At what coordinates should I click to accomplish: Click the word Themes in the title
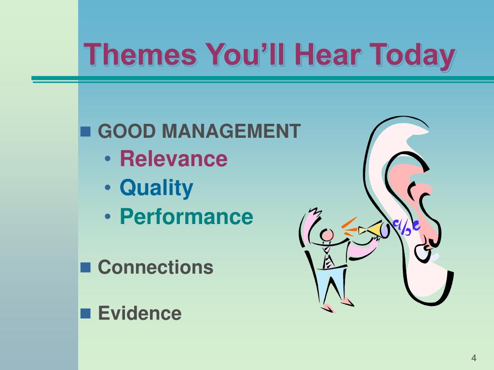[x=140, y=55]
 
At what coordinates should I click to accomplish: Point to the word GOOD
[x=127, y=131]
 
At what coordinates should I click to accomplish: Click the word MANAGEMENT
[x=231, y=131]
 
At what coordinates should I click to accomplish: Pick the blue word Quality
[x=156, y=188]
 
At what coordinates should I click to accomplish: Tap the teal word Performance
[x=187, y=216]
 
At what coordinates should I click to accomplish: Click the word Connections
[x=156, y=267]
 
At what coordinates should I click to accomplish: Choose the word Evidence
[x=140, y=313]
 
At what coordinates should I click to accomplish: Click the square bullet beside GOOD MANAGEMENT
[x=85, y=132]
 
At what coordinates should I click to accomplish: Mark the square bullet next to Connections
[x=85, y=267]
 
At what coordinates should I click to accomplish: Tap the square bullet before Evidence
[x=85, y=313]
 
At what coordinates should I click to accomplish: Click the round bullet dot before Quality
[x=108, y=188]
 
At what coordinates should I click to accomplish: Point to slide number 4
[x=474, y=358]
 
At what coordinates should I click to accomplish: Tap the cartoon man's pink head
[x=327, y=235]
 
